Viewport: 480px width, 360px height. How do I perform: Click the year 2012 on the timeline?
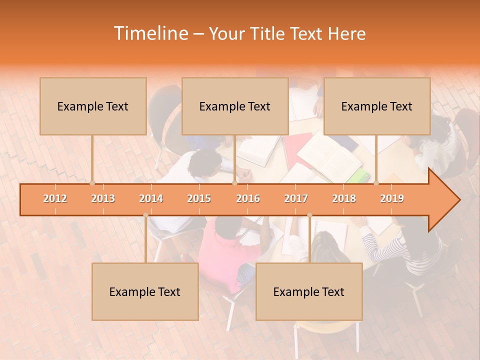point(55,198)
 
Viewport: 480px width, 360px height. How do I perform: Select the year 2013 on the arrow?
point(103,198)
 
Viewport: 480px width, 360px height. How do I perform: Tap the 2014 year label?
point(151,198)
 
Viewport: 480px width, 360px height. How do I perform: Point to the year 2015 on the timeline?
point(199,198)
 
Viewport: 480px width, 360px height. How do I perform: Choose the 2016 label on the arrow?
point(248,198)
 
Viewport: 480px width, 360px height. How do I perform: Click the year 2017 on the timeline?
point(296,198)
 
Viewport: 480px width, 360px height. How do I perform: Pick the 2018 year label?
point(344,198)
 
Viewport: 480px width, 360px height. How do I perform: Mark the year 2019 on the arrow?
point(392,198)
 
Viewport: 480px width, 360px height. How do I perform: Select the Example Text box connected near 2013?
point(93,106)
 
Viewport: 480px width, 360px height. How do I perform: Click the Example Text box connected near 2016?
point(235,106)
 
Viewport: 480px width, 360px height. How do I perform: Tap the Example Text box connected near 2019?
point(377,106)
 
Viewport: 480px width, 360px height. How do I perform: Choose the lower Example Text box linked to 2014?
point(145,291)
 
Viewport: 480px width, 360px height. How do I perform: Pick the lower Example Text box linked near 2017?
point(309,291)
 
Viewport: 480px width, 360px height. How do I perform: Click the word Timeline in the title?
point(150,33)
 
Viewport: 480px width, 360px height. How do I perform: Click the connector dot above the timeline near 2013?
point(92,183)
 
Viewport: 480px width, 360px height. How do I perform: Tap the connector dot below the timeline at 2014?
point(145,215)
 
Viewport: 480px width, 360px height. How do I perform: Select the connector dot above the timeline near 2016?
point(234,183)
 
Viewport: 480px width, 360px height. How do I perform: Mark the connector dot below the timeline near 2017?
point(309,215)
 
